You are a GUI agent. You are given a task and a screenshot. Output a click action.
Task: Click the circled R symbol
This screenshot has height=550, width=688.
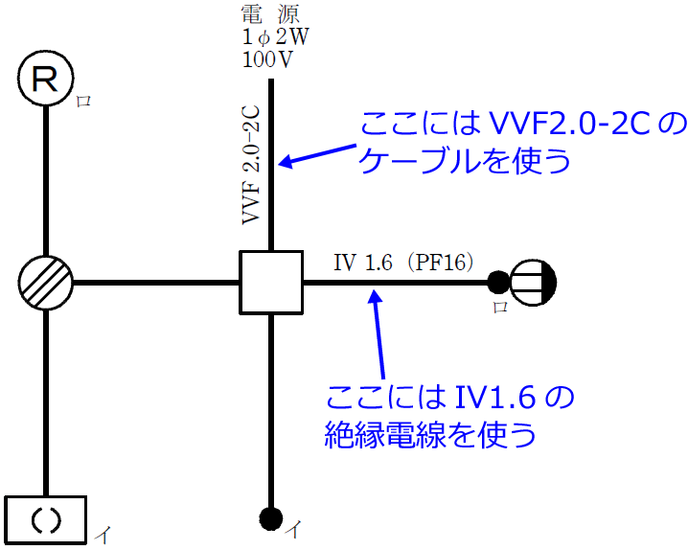coord(45,80)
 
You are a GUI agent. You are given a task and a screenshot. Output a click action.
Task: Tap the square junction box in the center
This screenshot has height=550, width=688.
coord(271,283)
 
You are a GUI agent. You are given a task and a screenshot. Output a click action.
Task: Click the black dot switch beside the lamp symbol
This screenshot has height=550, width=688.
coord(498,283)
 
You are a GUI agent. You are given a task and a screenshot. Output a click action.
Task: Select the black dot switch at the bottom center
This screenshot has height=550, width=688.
coord(271,518)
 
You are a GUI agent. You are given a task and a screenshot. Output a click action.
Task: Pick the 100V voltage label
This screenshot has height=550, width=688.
coord(268,58)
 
